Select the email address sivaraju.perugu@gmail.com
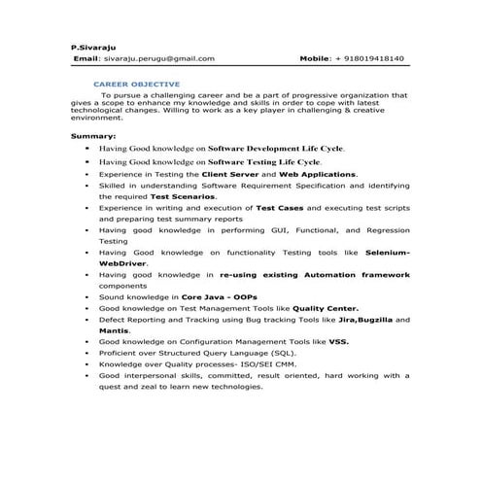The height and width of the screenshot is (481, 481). (158, 58)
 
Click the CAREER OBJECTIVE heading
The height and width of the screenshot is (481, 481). (143, 85)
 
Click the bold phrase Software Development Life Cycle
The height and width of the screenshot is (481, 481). (277, 149)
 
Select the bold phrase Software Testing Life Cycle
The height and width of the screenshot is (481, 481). (264, 160)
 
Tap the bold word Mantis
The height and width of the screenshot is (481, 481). (115, 330)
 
